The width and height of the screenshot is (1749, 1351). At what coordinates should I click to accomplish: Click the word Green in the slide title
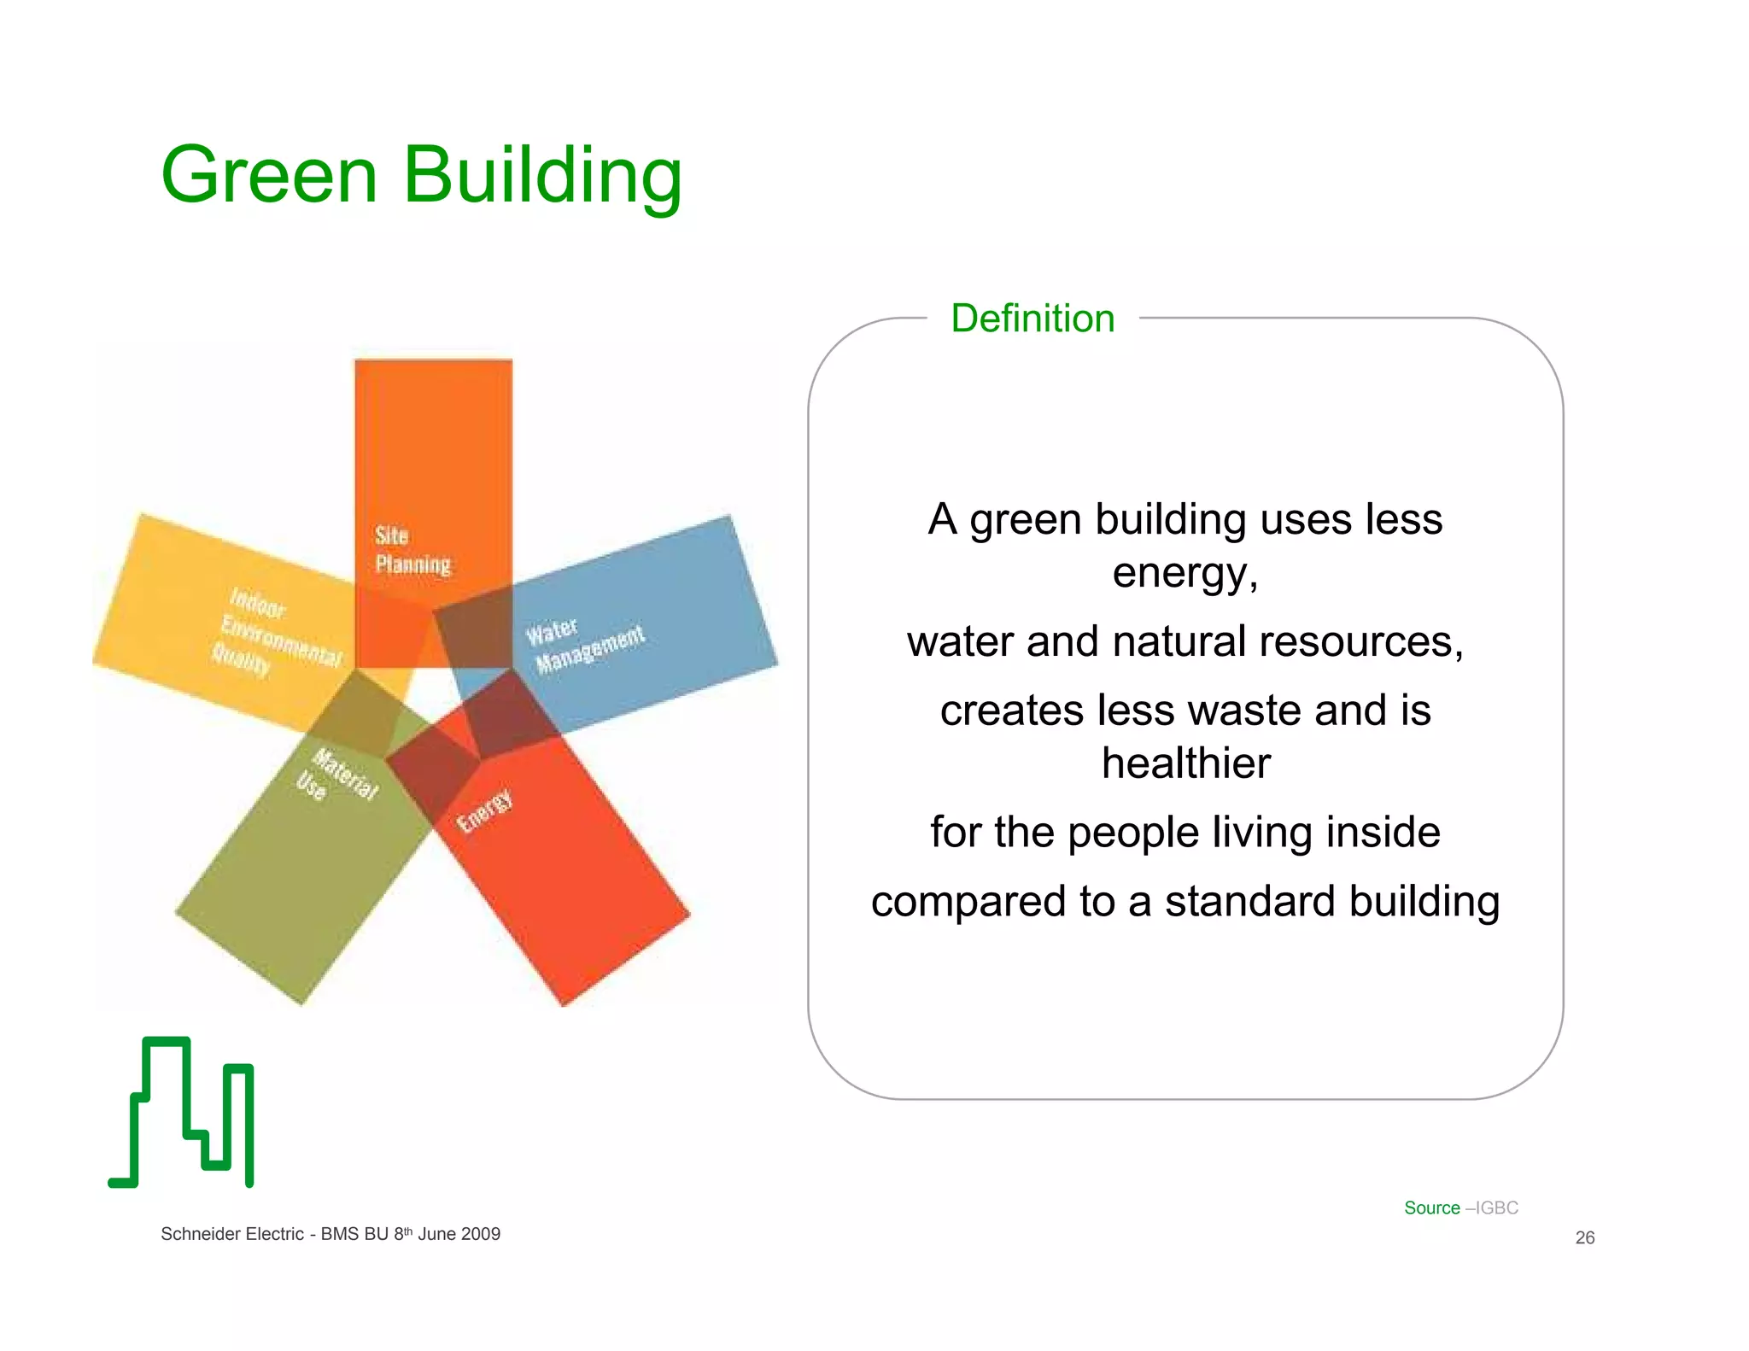(x=268, y=175)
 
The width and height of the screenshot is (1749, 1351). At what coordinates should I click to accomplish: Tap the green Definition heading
(x=1032, y=319)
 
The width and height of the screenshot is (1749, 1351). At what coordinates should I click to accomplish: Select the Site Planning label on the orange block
(x=412, y=550)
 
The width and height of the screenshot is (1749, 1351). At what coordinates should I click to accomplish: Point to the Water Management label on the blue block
(x=584, y=646)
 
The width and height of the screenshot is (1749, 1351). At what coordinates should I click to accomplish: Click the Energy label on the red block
(x=484, y=810)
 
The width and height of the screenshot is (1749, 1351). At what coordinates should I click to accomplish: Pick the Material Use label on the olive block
(x=336, y=776)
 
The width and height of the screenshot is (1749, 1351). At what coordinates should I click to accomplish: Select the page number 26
(x=1584, y=1237)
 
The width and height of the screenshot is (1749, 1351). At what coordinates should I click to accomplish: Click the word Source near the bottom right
(x=1432, y=1208)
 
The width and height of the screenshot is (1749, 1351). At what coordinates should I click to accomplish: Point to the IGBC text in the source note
(x=1497, y=1208)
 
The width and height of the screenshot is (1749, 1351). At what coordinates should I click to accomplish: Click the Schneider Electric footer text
(x=231, y=1234)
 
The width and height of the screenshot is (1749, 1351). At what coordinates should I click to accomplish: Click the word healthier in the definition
(x=1185, y=763)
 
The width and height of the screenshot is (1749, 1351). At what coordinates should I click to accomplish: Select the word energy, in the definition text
(x=1185, y=573)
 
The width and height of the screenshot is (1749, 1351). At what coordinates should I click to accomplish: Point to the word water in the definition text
(x=959, y=641)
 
